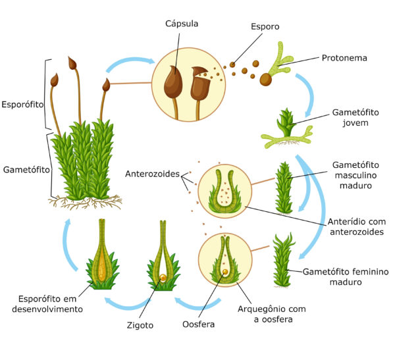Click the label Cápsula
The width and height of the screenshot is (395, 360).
pyautogui.click(x=182, y=24)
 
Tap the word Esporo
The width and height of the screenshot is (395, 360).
pyautogui.click(x=265, y=27)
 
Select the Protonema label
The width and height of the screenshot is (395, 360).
pyautogui.click(x=344, y=58)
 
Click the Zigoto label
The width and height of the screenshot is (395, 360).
pyautogui.click(x=140, y=325)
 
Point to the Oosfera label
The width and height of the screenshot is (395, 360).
pyautogui.click(x=199, y=324)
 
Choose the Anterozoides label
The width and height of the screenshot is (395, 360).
pyautogui.click(x=153, y=174)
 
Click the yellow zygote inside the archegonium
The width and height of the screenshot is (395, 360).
pyautogui.click(x=163, y=278)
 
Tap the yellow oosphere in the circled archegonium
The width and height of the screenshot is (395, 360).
pyautogui.click(x=225, y=272)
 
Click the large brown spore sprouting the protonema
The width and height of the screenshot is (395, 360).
pyautogui.click(x=265, y=80)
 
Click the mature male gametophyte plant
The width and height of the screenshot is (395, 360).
pyautogui.click(x=284, y=188)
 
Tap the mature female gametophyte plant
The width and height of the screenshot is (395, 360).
pyautogui.click(x=283, y=260)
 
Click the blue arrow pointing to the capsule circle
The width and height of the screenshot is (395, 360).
pyautogui.click(x=130, y=62)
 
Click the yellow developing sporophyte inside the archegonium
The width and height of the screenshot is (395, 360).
pyautogui.click(x=101, y=265)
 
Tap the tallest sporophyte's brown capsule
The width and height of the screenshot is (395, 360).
pyautogui.click(x=72, y=63)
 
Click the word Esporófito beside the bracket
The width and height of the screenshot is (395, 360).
pyautogui.click(x=22, y=105)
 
